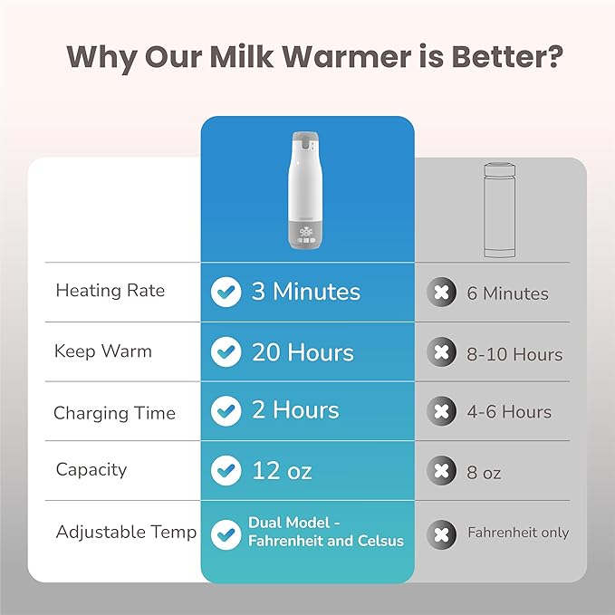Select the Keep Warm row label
tap(103, 351)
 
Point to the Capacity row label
tap(91, 469)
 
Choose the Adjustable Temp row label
tap(126, 532)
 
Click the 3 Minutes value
tap(305, 292)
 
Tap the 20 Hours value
tap(303, 351)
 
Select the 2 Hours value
tap(295, 410)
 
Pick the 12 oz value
tap(282, 471)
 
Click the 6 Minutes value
tap(508, 293)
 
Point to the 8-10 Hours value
tap(514, 354)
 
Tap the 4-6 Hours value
tap(508, 412)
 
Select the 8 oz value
tap(485, 473)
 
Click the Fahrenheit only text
tap(518, 533)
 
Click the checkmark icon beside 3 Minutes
tap(226, 292)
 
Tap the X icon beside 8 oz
tap(442, 472)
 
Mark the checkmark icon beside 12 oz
tap(226, 471)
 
